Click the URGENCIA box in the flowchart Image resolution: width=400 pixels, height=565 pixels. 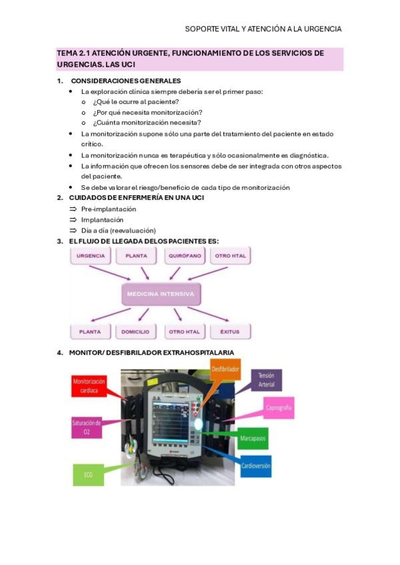tap(91, 256)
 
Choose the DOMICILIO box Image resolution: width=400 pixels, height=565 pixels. tap(136, 331)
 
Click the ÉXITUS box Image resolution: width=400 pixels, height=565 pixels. tap(229, 331)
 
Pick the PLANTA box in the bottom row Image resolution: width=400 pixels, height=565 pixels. tap(91, 331)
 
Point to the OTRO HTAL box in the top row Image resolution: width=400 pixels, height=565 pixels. tap(231, 256)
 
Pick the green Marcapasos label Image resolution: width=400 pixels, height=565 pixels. tap(252, 438)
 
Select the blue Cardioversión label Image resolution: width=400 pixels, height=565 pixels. tap(255, 466)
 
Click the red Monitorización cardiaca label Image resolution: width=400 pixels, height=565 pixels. tap(90, 386)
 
